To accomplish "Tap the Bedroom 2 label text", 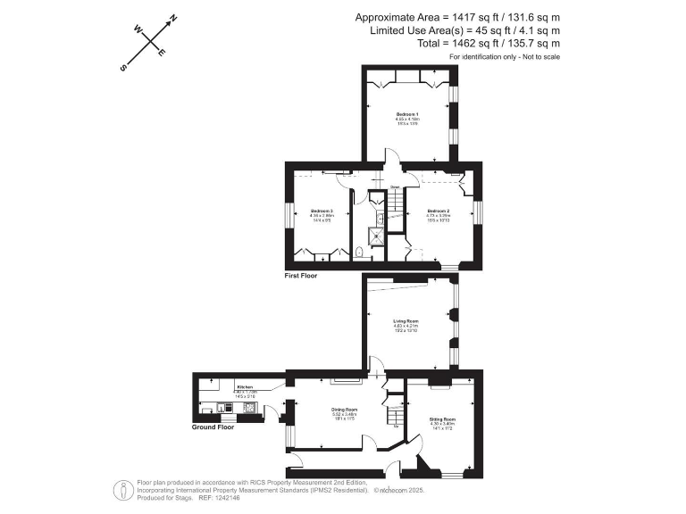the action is point(438,211).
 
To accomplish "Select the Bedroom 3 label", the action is point(322,211).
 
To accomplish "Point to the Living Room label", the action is point(406,319).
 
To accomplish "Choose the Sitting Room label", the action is point(443,419).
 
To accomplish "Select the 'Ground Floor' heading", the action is point(213,427).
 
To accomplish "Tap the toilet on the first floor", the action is point(359,253).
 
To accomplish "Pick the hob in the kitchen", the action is point(250,409).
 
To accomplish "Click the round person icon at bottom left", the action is point(119,489).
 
